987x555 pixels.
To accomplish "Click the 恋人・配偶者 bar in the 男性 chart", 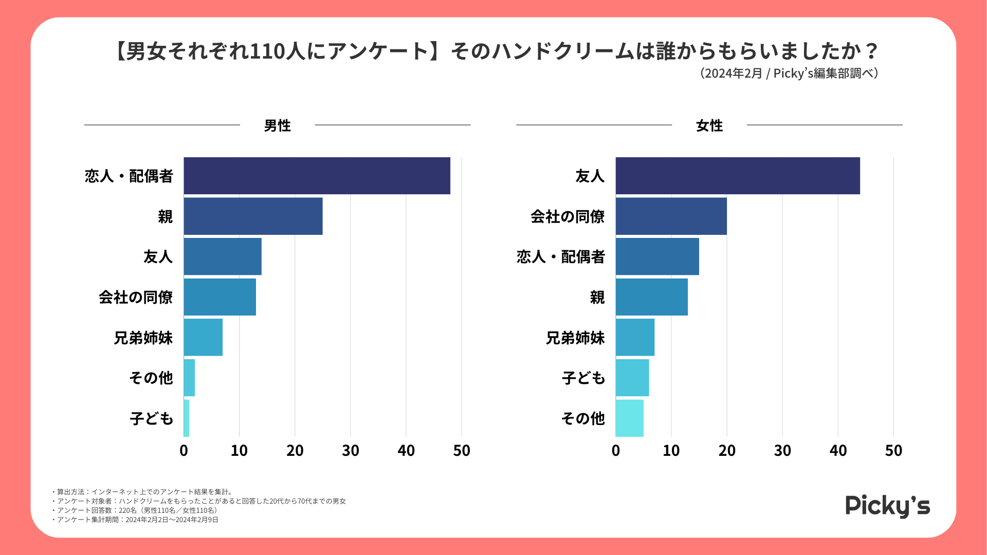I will (317, 176).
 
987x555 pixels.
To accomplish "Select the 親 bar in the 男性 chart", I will (253, 216).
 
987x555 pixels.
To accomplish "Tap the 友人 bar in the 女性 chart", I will (738, 176).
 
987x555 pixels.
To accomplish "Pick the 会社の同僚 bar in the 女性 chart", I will (671, 216).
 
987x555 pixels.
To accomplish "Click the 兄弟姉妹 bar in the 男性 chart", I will (203, 337).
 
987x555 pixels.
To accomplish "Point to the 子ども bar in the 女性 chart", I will (632, 378).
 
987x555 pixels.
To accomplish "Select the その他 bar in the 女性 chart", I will (630, 418).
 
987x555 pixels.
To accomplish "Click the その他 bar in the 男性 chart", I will (189, 378).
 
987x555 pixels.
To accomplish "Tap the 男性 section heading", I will (277, 125).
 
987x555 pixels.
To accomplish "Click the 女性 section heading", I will (709, 125).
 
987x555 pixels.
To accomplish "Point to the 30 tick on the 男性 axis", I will (351, 451).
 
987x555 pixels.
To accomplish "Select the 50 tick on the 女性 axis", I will (893, 451).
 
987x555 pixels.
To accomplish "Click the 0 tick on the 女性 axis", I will (616, 451).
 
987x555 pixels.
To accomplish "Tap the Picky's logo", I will (888, 506).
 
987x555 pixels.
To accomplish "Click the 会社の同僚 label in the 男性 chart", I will (136, 297).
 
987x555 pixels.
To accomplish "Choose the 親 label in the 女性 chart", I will (597, 297).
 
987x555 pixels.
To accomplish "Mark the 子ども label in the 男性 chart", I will (152, 418).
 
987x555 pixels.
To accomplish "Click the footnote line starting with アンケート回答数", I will (137, 510).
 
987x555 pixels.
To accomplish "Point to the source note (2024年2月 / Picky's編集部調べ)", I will (789, 73).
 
